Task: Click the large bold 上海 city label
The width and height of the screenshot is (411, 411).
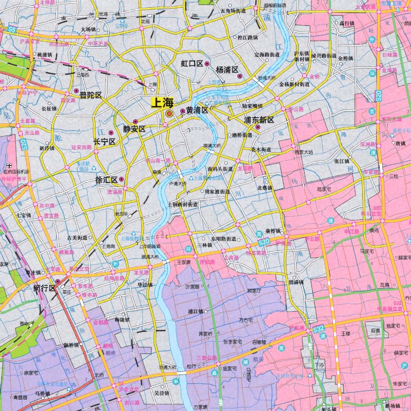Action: pyautogui.click(x=161, y=102)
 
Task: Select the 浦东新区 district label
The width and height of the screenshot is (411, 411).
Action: pyautogui.click(x=259, y=120)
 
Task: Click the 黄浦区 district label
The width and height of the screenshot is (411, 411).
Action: pyautogui.click(x=197, y=110)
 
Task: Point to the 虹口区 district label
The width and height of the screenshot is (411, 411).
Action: pyautogui.click(x=192, y=64)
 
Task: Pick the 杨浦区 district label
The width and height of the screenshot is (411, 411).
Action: pyautogui.click(x=227, y=69)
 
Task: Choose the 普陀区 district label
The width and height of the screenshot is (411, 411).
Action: pyautogui.click(x=90, y=96)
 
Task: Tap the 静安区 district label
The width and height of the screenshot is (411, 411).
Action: pyautogui.click(x=135, y=129)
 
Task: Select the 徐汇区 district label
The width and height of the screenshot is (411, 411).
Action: pyautogui.click(x=107, y=180)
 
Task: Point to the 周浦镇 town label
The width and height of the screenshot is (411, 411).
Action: pyautogui.click(x=296, y=282)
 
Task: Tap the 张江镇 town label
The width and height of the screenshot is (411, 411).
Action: pyautogui.click(x=342, y=161)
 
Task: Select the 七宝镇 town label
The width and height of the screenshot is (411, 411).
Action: pyautogui.click(x=24, y=215)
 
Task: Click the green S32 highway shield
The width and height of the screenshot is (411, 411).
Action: pyautogui.click(x=319, y=327)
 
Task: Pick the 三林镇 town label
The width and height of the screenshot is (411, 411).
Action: pyautogui.click(x=205, y=245)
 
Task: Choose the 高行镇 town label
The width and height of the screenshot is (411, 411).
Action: pyautogui.click(x=347, y=23)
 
